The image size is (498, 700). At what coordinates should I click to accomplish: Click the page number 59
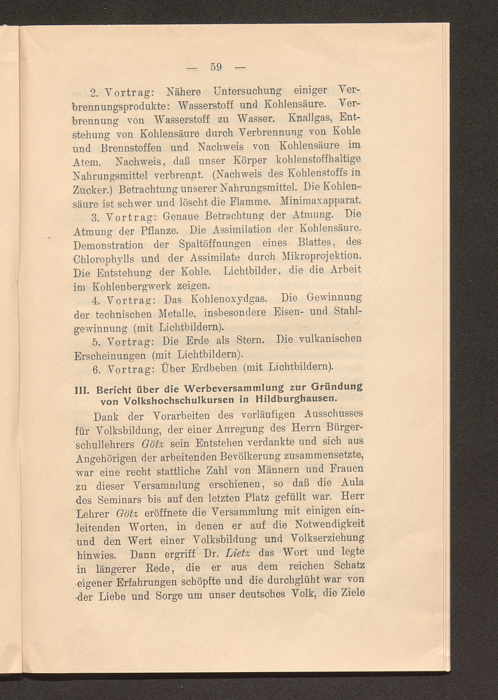[216, 67]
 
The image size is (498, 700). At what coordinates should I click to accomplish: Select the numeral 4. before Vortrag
[95, 301]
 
